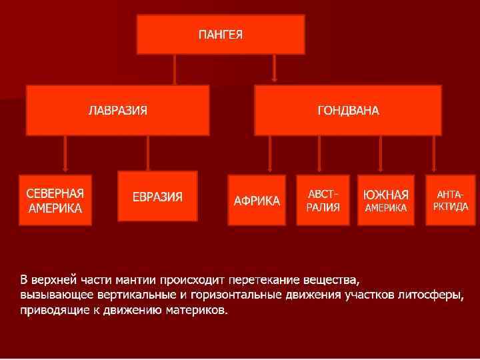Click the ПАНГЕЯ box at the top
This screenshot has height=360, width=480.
(221, 34)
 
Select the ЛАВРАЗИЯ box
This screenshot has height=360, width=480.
(117, 110)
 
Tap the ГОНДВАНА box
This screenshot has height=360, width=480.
(347, 110)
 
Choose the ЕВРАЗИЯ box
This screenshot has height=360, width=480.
(157, 196)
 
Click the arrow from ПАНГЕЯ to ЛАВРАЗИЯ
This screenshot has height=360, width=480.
(175, 69)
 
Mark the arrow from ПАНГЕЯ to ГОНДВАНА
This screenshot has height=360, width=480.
(275, 69)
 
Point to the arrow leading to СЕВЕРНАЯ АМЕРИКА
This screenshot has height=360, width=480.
(65, 154)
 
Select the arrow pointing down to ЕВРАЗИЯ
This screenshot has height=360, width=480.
(148, 153)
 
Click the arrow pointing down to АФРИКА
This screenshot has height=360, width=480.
(269, 155)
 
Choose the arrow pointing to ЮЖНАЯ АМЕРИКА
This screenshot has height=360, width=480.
(380, 155)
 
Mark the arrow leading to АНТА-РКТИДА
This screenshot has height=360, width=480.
(435, 155)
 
